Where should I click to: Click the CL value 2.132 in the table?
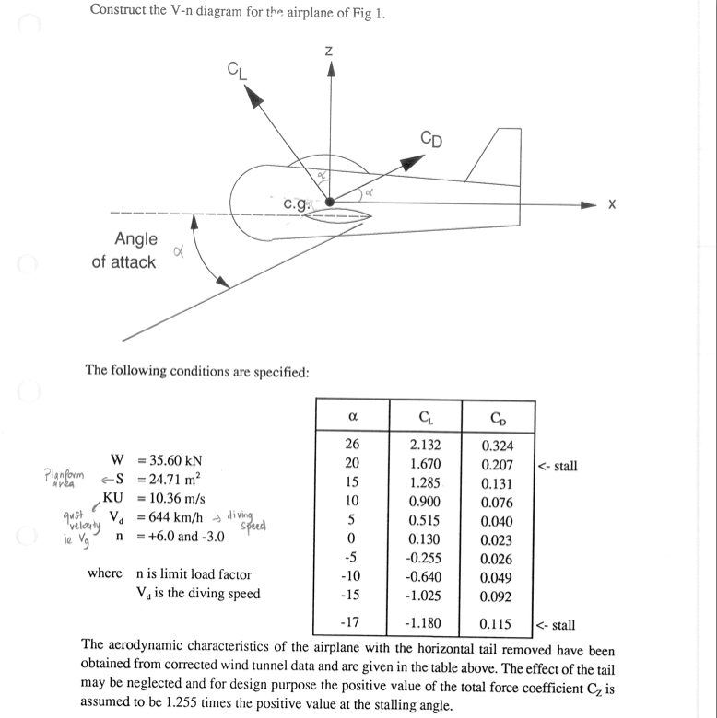click(x=424, y=446)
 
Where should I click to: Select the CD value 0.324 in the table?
click(x=498, y=446)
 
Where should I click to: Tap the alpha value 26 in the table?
click(x=351, y=446)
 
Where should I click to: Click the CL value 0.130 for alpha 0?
click(x=424, y=540)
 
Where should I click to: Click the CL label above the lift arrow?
click(x=237, y=69)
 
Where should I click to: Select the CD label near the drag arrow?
click(x=430, y=140)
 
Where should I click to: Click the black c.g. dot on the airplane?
click(x=330, y=202)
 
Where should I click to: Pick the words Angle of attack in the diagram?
click(x=123, y=250)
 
